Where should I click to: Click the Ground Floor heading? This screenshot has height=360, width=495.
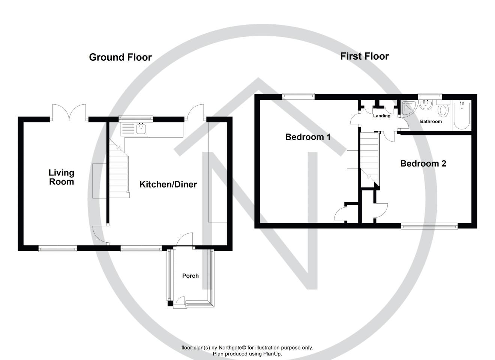[x=120, y=57]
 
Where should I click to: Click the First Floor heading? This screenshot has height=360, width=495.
[x=364, y=56]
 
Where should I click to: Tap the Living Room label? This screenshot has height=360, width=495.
[x=61, y=177]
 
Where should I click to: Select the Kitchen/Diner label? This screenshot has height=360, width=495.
[x=168, y=184]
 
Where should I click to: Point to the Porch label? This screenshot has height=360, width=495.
[x=190, y=276]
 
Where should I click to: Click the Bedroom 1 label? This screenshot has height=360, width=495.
[x=308, y=137]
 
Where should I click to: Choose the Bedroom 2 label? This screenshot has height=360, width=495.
[x=423, y=163]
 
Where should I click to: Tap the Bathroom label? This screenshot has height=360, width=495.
[x=430, y=121]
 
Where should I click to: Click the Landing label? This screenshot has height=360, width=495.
[x=382, y=116]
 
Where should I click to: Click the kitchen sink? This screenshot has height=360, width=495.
[x=141, y=129]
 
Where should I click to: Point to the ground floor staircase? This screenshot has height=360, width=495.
[x=119, y=172]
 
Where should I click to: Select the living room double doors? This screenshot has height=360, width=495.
[x=69, y=112]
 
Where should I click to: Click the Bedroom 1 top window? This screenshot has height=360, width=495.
[x=298, y=96]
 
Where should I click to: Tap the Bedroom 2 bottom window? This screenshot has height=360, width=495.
[x=429, y=226]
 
